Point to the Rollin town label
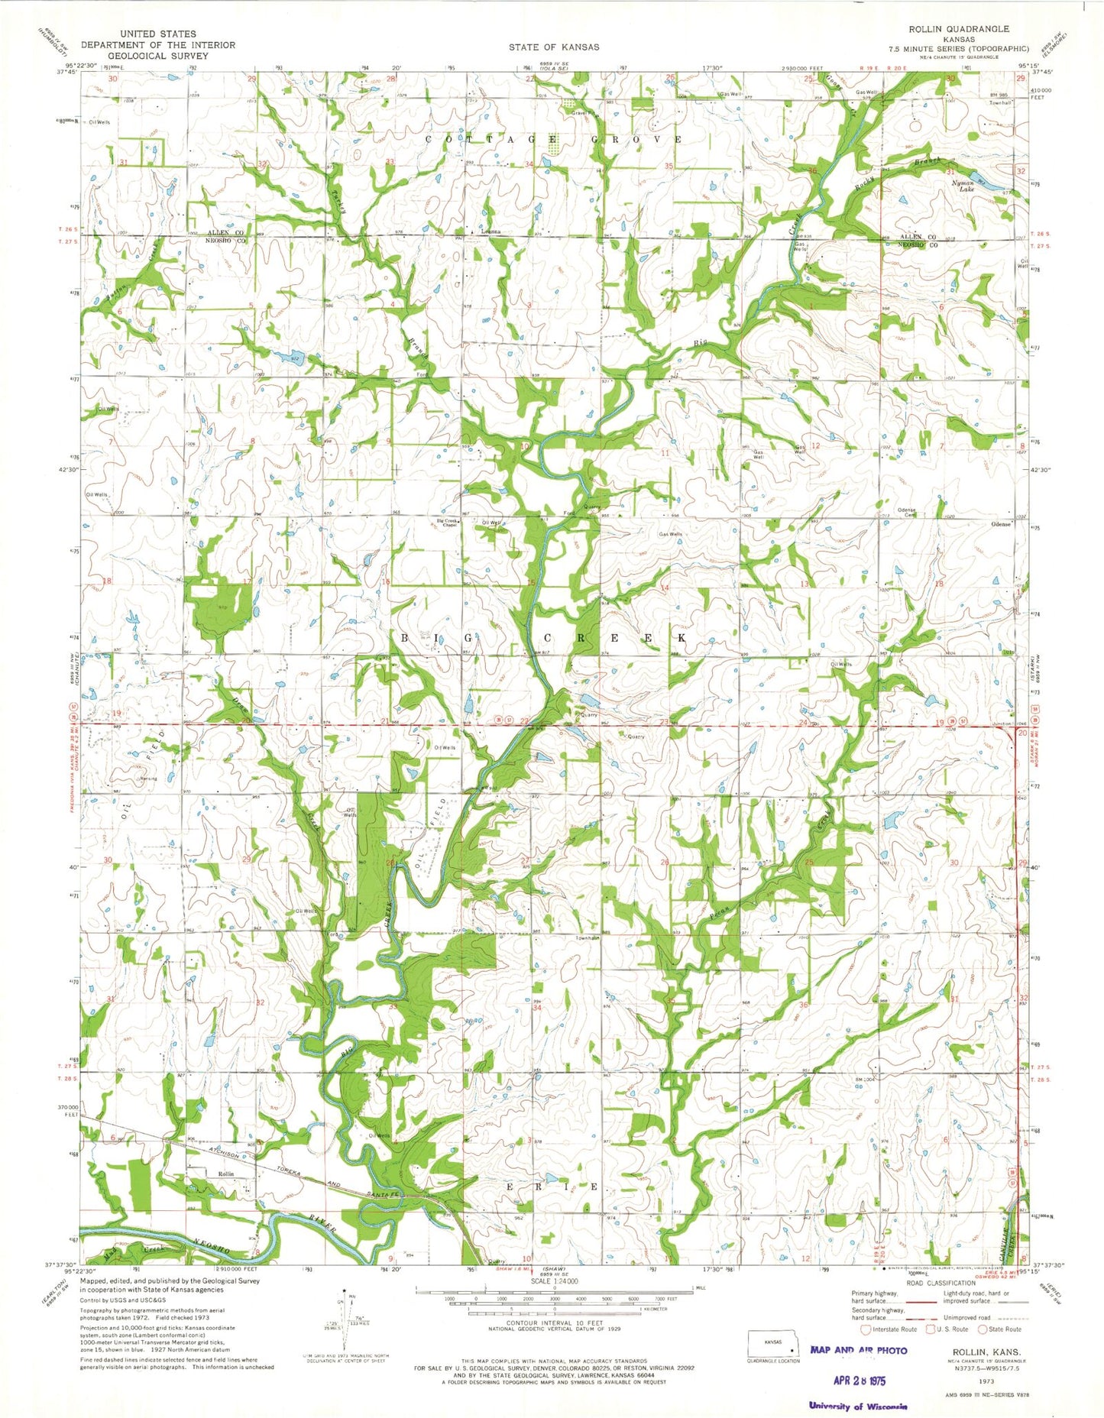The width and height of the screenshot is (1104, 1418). [x=225, y=1173]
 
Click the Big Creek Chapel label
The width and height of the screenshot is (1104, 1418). [x=450, y=524]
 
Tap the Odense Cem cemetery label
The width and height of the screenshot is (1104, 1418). [x=906, y=512]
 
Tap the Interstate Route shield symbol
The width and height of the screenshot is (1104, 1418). [x=866, y=1329]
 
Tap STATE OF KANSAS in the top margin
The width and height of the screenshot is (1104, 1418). [x=554, y=47]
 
